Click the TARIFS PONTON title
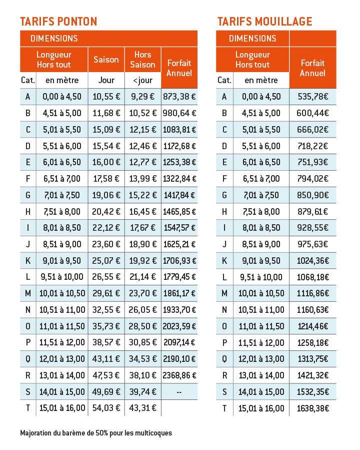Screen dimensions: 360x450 point(58,22)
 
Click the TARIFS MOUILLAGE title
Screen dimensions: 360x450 point(265,22)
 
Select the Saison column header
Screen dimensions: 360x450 point(106,60)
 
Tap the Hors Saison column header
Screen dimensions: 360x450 point(142,60)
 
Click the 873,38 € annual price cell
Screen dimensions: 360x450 point(179,97)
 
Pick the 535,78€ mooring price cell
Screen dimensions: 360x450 point(312,97)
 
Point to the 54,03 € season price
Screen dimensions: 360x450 point(106,408)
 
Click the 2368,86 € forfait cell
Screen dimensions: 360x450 point(179,375)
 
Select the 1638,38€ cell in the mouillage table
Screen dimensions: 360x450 point(312,408)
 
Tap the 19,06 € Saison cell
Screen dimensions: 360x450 point(106,195)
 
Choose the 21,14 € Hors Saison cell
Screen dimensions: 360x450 point(142,277)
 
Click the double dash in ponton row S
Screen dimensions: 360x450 point(179,392)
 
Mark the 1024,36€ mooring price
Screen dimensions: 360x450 point(312,261)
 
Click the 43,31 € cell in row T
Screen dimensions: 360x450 point(142,408)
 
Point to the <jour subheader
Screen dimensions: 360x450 point(142,81)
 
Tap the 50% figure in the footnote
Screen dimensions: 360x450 point(102,433)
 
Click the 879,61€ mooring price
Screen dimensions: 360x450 point(312,212)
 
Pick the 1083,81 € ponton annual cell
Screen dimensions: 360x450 point(179,130)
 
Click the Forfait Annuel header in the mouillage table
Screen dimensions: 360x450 point(312,68)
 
